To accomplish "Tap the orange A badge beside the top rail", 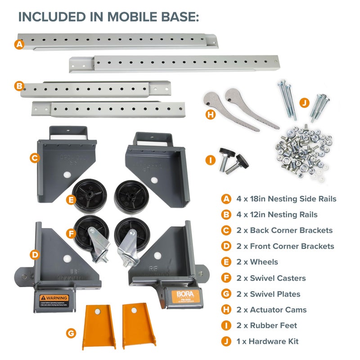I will (18, 45).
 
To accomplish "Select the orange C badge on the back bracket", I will (34, 158).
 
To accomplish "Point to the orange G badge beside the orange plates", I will (71, 333).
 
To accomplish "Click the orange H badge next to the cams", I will (210, 115).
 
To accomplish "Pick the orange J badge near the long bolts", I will (305, 103).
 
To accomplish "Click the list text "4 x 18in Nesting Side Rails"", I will (286, 198).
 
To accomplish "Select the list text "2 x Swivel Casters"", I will (271, 278).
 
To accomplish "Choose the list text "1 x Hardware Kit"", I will (267, 342).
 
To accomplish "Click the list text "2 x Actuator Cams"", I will (271, 310).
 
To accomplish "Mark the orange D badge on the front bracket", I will (35, 255).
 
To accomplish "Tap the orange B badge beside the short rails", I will (19, 85).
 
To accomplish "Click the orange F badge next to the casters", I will (70, 234).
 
